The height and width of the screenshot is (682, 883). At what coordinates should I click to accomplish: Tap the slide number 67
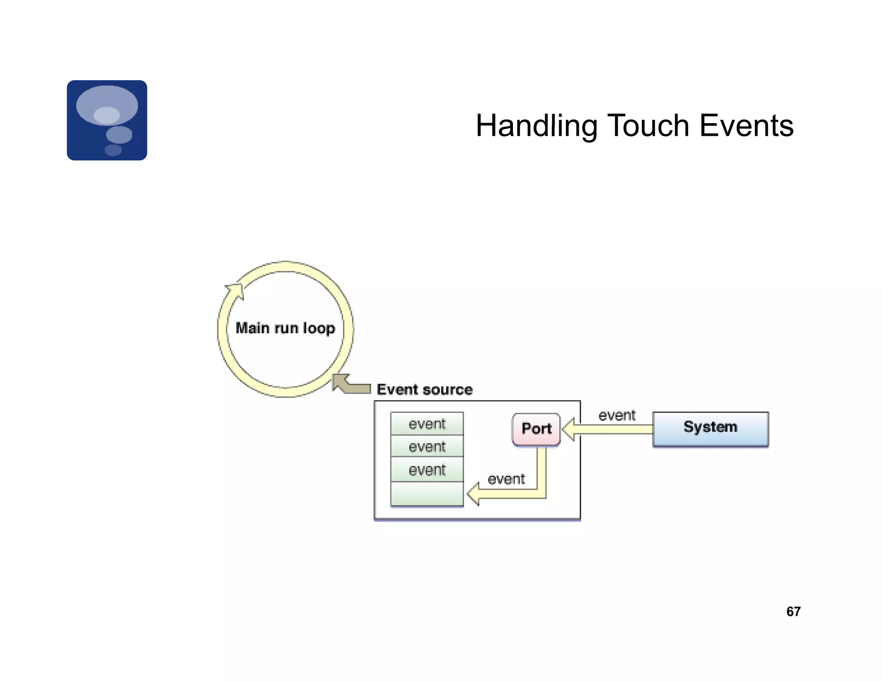pyautogui.click(x=793, y=611)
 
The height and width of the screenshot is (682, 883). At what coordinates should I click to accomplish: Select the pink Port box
pyautogui.click(x=536, y=429)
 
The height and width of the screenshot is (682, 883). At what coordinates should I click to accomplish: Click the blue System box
pyautogui.click(x=710, y=429)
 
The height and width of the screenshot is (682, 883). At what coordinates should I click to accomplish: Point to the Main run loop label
pyautogui.click(x=285, y=328)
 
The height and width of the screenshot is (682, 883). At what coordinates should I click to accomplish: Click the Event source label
pyautogui.click(x=424, y=389)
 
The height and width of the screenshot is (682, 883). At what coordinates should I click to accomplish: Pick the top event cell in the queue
pyautogui.click(x=427, y=424)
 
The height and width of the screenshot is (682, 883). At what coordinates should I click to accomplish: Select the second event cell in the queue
pyautogui.click(x=427, y=447)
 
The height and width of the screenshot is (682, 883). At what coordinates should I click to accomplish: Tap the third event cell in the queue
pyautogui.click(x=427, y=469)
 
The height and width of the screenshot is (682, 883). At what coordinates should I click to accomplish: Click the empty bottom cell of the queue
pyautogui.click(x=427, y=494)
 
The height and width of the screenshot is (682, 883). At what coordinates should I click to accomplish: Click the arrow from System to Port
pyautogui.click(x=612, y=429)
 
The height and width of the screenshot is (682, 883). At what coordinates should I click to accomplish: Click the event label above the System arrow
pyautogui.click(x=617, y=415)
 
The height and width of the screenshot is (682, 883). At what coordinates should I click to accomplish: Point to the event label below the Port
pyautogui.click(x=506, y=479)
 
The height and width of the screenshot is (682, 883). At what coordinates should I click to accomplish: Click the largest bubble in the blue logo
pyautogui.click(x=107, y=105)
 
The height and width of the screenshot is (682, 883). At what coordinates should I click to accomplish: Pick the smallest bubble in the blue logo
pyautogui.click(x=113, y=150)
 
